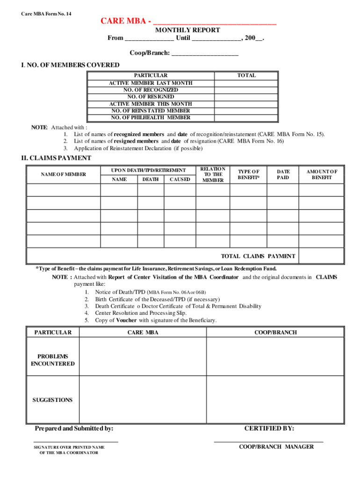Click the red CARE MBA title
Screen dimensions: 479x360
pyautogui.click(x=126, y=22)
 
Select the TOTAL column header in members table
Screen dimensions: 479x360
pyautogui.click(x=246, y=75)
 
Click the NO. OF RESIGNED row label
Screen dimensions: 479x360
pyautogui.click(x=151, y=97)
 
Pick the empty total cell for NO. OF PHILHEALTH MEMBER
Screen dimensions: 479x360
pyautogui.click(x=246, y=117)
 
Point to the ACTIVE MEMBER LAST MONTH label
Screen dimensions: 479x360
pyautogui.click(x=151, y=83)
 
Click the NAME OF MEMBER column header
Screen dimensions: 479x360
pyautogui.click(x=64, y=174)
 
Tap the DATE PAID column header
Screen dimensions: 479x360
pyautogui.click(x=283, y=174)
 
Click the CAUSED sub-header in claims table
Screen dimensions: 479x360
pyautogui.click(x=180, y=179)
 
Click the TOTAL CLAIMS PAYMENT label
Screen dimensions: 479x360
pyautogui.click(x=258, y=256)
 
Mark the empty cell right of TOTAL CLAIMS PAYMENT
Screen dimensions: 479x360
pyautogui.click(x=325, y=256)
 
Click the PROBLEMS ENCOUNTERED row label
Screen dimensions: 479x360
pyautogui.click(x=53, y=360)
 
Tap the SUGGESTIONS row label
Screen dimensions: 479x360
pyautogui.click(x=53, y=400)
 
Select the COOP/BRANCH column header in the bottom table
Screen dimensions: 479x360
pyautogui.click(x=275, y=333)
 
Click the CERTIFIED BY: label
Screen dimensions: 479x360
pyautogui.click(x=269, y=428)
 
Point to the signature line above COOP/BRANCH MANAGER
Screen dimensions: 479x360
pyautogui.click(x=268, y=442)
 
